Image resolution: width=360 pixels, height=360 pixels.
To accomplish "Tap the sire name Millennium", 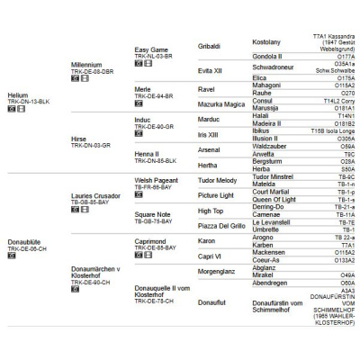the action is [88, 66].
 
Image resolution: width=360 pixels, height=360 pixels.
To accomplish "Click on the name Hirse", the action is [78, 139].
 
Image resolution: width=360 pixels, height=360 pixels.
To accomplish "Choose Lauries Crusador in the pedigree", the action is [97, 194].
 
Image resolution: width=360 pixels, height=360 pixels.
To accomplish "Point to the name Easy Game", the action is [151, 49].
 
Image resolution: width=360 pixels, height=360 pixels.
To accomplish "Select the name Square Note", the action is [152, 214].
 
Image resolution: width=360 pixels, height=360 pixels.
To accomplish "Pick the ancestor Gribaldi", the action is [209, 45].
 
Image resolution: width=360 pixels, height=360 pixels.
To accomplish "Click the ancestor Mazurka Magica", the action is [221, 104].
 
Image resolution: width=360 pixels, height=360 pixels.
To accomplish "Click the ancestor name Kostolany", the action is [267, 41].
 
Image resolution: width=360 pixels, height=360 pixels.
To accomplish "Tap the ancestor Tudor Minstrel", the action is [274, 177].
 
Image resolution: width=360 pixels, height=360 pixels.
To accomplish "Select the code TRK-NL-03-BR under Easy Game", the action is [153, 57].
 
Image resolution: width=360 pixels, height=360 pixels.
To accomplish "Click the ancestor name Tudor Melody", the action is [217, 180].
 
